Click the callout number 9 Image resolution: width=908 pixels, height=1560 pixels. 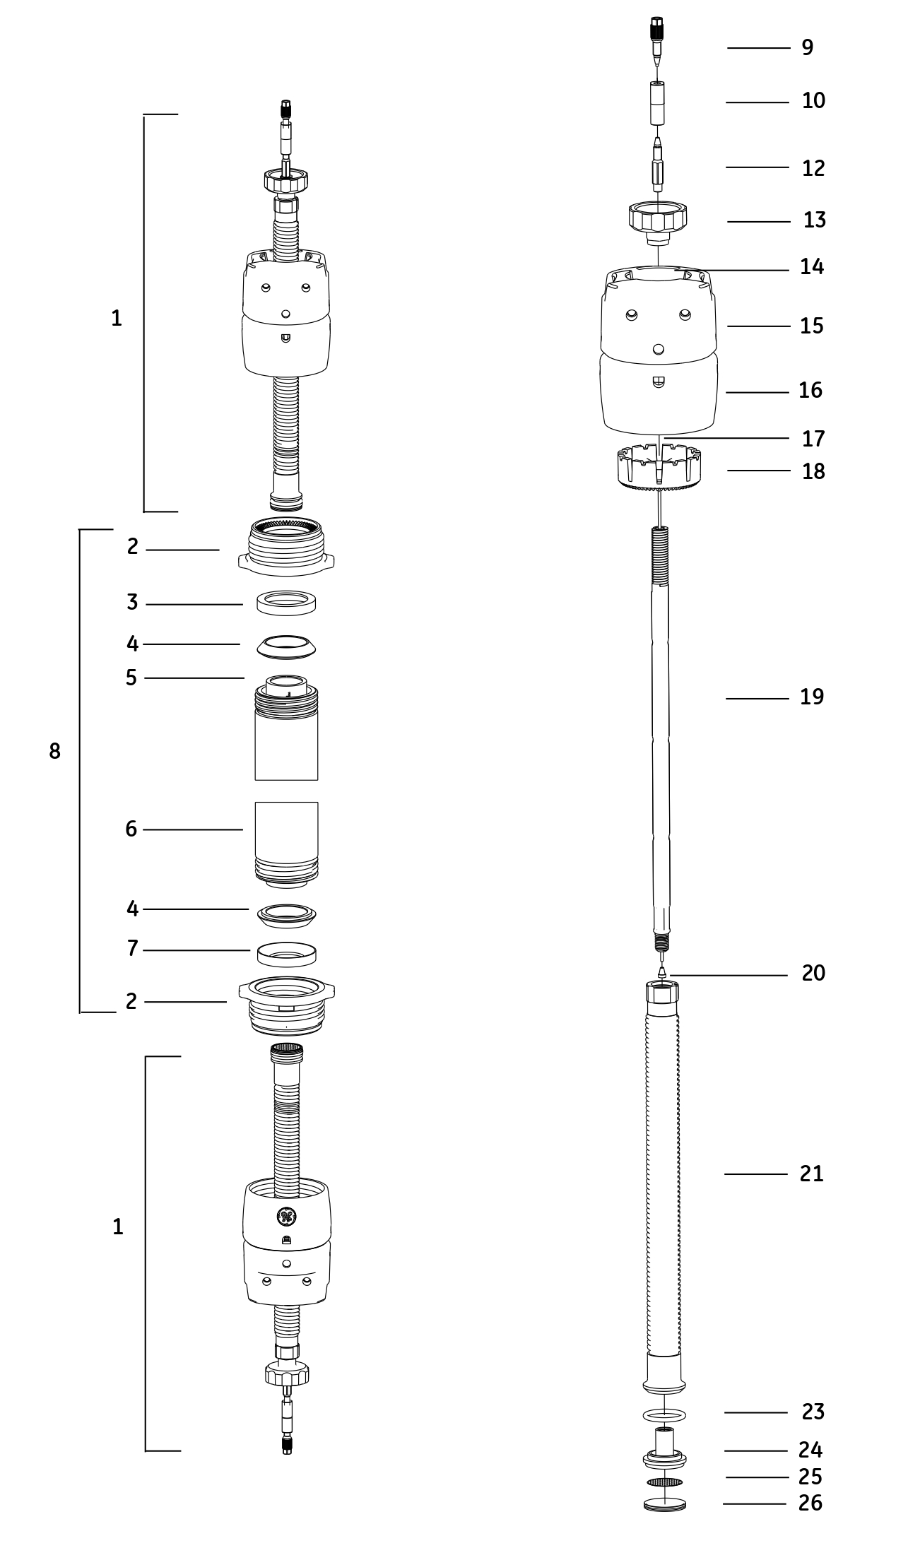point(807,48)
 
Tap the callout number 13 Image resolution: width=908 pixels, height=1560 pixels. point(814,220)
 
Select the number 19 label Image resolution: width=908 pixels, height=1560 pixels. point(812,697)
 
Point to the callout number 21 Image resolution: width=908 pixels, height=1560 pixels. point(811,1174)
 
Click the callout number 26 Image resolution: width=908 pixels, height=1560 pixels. point(810,1503)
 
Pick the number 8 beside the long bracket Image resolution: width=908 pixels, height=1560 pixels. point(54,752)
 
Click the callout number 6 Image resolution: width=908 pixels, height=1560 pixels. point(131,829)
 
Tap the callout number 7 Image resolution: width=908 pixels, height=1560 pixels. point(132,948)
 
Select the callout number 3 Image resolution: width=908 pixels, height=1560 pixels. point(132,603)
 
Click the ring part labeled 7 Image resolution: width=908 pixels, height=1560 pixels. point(286,954)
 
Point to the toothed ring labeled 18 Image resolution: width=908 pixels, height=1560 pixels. point(658,467)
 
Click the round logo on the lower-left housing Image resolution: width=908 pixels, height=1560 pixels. point(286,1215)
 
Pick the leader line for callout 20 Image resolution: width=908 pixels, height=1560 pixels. point(728,975)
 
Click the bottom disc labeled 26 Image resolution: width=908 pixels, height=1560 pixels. point(664,1504)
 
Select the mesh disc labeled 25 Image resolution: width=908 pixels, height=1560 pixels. point(664,1482)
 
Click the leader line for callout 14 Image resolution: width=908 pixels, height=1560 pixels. point(735,270)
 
